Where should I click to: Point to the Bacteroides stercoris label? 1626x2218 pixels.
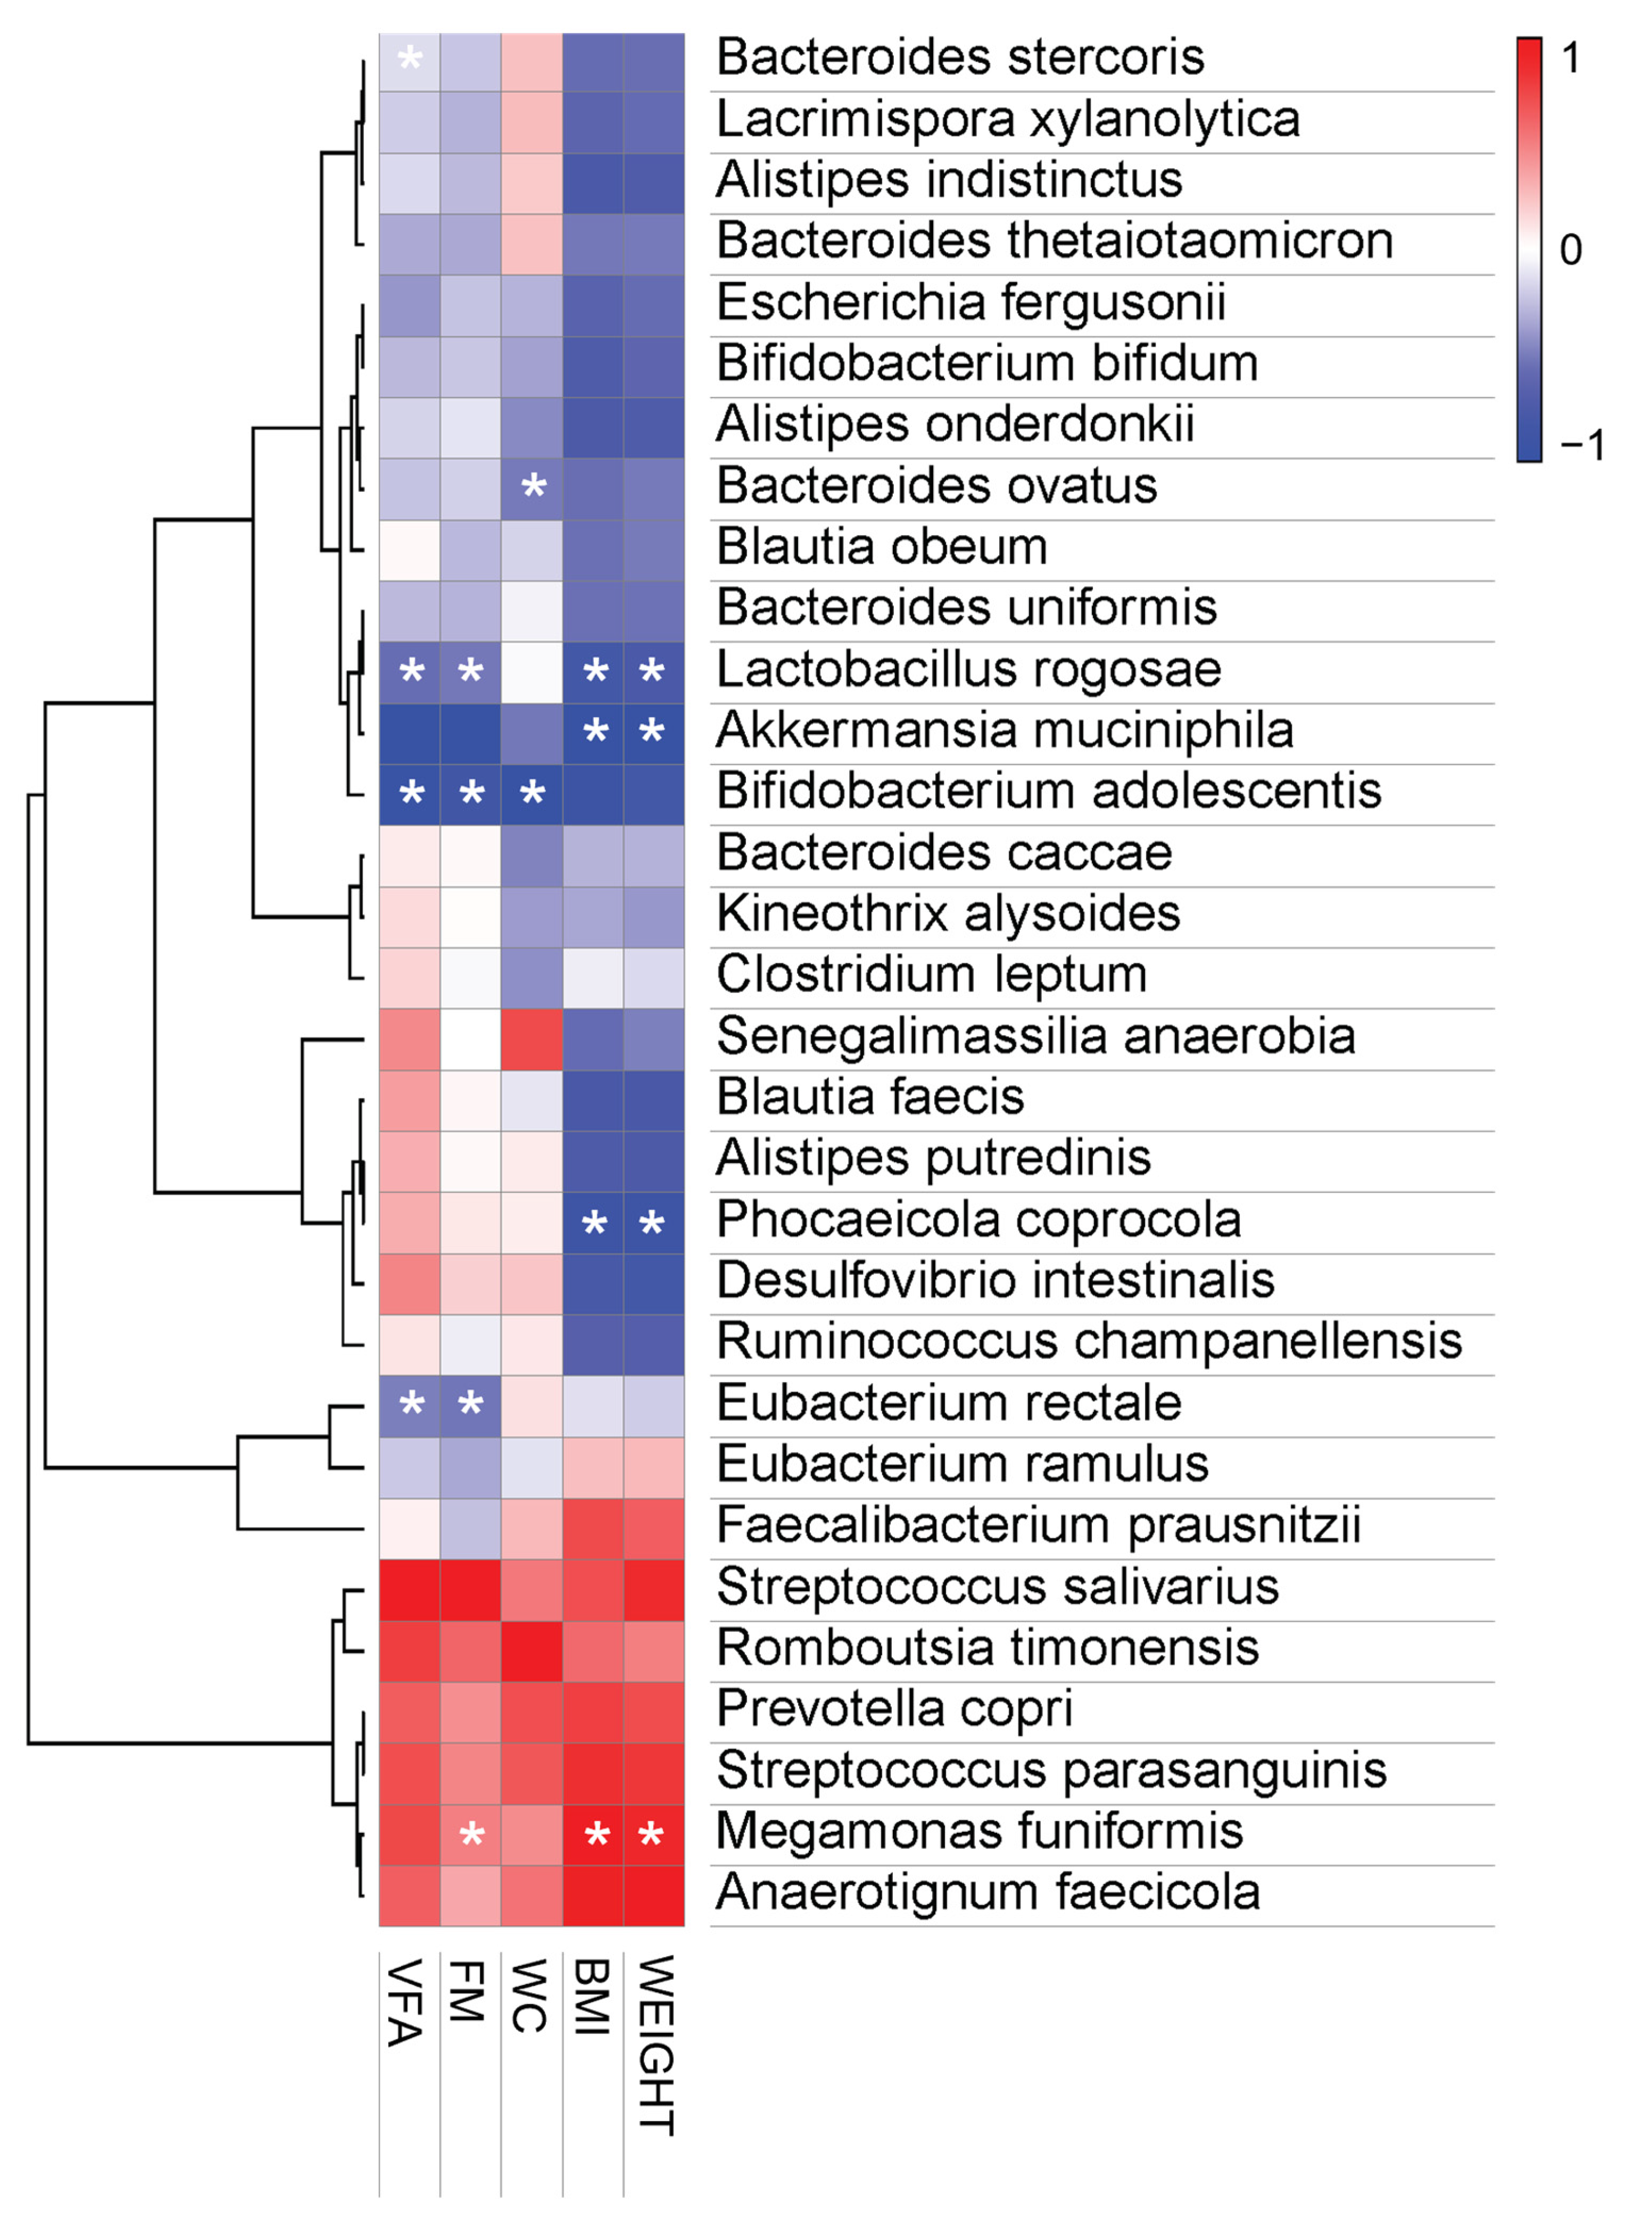pyautogui.click(x=960, y=57)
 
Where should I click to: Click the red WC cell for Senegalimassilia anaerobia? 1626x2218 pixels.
pyautogui.click(x=532, y=1039)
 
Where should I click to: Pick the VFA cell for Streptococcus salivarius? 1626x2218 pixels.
pyautogui.click(x=410, y=1589)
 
